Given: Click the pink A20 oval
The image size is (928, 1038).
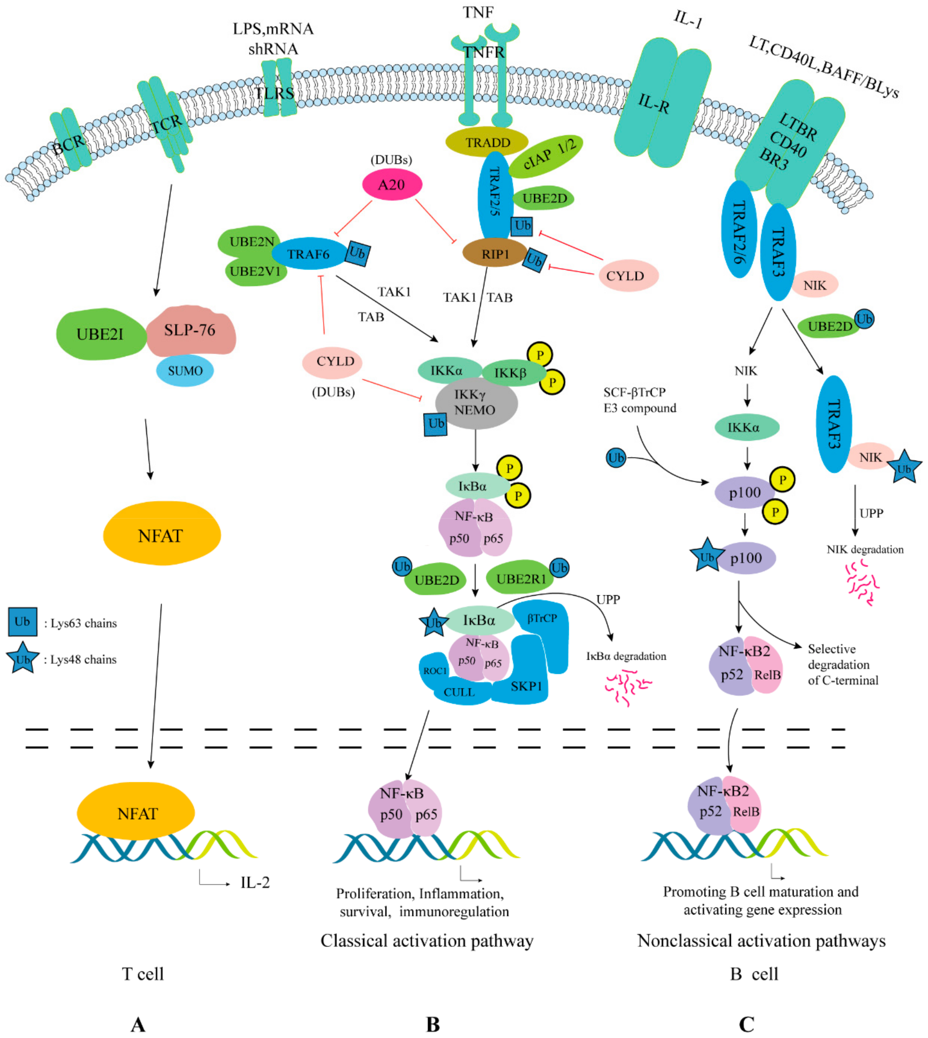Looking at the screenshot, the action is (392, 184).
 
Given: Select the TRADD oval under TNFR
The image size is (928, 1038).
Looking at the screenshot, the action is (487, 142).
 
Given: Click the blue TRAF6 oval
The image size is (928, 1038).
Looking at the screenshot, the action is (309, 253).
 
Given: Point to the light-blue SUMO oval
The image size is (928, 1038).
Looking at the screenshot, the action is (184, 370).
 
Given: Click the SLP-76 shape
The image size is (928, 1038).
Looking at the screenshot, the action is (191, 330).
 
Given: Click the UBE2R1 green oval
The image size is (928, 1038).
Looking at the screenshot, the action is (520, 579).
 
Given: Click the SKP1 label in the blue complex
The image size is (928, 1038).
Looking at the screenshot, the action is (526, 686).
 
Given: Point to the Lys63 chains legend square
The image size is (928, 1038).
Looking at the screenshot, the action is (22, 622).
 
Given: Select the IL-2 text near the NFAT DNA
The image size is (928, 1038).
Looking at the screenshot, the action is (255, 882).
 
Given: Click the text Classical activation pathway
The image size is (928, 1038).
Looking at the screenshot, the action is (427, 940).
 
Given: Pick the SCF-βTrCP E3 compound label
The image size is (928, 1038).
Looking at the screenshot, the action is (639, 400).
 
